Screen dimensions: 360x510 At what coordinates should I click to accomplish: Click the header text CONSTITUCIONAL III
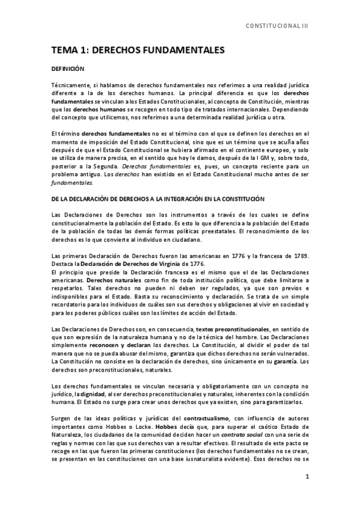pos(278,27)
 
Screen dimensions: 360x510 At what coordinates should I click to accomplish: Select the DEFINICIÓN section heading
pos(67,70)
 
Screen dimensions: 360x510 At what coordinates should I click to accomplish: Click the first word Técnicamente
pos(70,87)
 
